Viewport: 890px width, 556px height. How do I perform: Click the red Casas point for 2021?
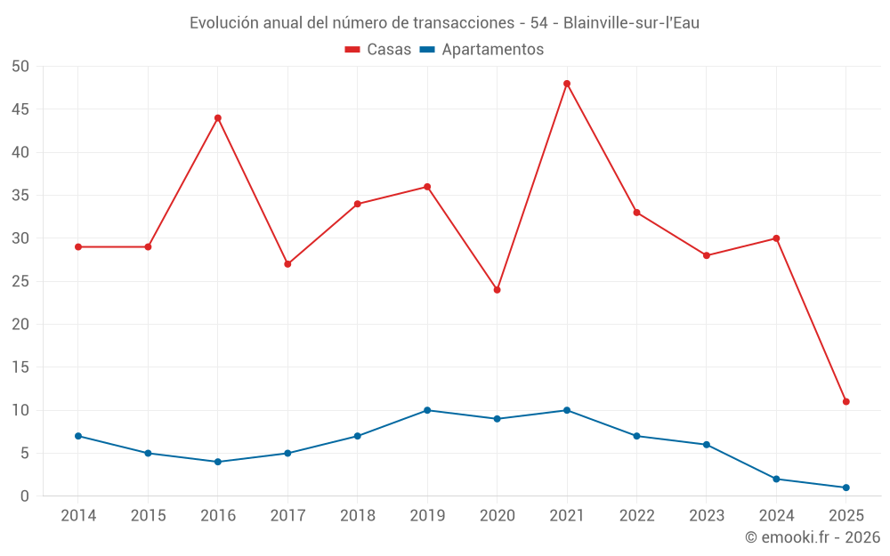[567, 84]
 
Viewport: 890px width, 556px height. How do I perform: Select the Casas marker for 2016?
[218, 118]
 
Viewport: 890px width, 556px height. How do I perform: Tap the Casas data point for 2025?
[845, 401]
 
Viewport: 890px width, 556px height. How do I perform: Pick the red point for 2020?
[497, 290]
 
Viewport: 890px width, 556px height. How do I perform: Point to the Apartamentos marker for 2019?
[427, 410]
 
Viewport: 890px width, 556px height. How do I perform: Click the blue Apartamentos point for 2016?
[218, 462]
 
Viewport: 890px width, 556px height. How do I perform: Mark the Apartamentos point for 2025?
[845, 488]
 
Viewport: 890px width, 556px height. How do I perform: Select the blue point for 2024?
[776, 479]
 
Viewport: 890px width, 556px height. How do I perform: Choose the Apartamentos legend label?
[492, 50]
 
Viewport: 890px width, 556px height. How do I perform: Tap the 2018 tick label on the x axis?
[357, 516]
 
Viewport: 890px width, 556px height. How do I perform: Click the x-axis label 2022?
[636, 516]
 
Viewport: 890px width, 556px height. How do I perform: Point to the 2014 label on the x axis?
[78, 516]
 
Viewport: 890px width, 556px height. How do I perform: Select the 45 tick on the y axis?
[20, 109]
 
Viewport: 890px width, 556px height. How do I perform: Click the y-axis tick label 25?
[20, 281]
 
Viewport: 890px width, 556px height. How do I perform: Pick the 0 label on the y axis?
[25, 496]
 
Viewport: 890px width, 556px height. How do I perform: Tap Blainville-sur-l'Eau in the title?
[631, 23]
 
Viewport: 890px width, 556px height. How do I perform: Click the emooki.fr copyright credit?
[812, 537]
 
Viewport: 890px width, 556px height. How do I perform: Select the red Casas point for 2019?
[427, 187]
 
